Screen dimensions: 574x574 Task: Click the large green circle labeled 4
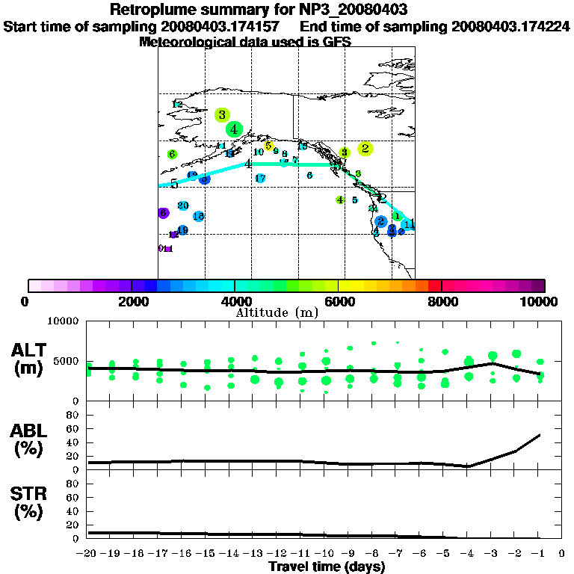[235, 129]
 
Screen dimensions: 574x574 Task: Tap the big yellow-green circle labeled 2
[365, 149]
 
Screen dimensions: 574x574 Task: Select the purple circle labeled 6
[164, 213]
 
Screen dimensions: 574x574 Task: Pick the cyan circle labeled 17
[260, 179]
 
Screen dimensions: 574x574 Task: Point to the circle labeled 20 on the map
[182, 206]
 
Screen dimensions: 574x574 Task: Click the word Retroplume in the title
[150, 10]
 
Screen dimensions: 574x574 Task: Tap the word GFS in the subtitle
[336, 42]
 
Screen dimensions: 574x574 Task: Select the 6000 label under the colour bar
[339, 302]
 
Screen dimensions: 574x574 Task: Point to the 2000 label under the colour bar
[132, 302]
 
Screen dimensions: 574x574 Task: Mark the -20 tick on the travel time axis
[87, 554]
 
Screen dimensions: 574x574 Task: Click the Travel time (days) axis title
[327, 567]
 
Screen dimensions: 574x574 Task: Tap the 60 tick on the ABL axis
[74, 429]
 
